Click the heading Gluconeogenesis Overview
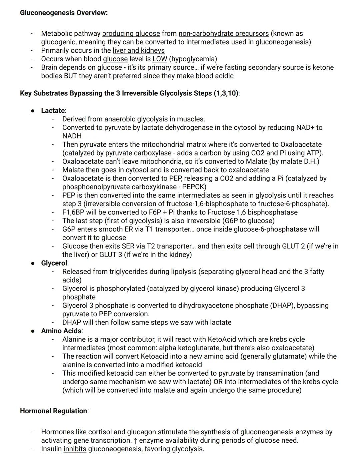pos(64,13)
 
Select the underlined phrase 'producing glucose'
pos(131,34)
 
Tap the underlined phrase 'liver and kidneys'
pos(139,51)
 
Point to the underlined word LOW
pos(160,59)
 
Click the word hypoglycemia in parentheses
pos(193,59)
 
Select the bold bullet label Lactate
pos(53,111)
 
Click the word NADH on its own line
pos(72,136)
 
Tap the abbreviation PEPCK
pos(194,187)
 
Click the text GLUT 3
pos(111,255)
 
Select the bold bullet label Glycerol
pos(54,263)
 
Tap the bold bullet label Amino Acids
pos(62,331)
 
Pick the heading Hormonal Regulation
pos(54,411)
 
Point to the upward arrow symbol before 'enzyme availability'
pos(135,441)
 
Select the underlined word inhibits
pos(75,449)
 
